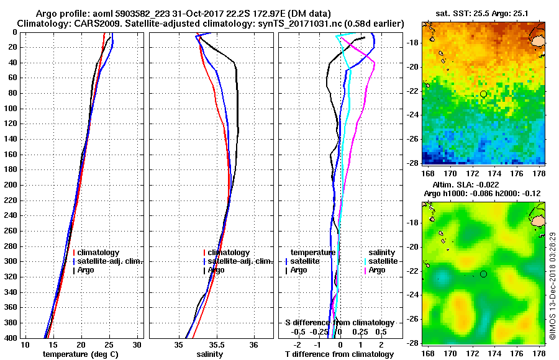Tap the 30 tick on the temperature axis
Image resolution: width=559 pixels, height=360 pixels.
click(137, 344)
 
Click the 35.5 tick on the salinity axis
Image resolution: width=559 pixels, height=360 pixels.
click(217, 344)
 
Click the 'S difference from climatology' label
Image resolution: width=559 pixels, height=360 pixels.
click(339, 323)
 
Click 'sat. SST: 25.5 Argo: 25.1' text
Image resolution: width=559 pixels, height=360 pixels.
click(483, 13)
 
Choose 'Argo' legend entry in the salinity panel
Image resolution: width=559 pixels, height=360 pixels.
click(216, 270)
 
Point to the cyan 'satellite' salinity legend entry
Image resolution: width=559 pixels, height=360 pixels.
click(381, 261)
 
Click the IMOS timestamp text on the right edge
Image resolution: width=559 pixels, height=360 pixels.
click(552, 286)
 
